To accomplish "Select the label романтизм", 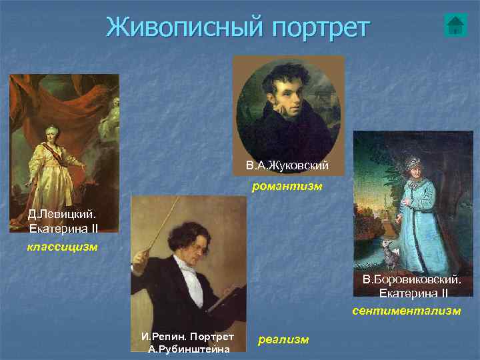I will (287, 187).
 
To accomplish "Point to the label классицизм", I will (63, 247).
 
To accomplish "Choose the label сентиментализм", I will (407, 311).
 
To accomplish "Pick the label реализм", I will (283, 339).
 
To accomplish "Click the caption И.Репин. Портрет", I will (188, 337).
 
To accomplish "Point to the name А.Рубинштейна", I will (189, 349).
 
